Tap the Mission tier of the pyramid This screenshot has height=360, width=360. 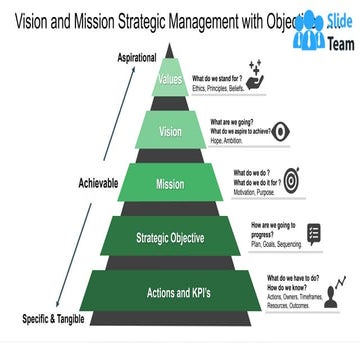click(169, 184)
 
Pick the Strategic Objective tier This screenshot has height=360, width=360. click(170, 238)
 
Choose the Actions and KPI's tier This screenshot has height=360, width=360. click(169, 293)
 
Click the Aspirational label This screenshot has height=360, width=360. click(138, 59)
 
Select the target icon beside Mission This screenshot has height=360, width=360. click(292, 180)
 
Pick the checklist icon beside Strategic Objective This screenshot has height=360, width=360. click(313, 234)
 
